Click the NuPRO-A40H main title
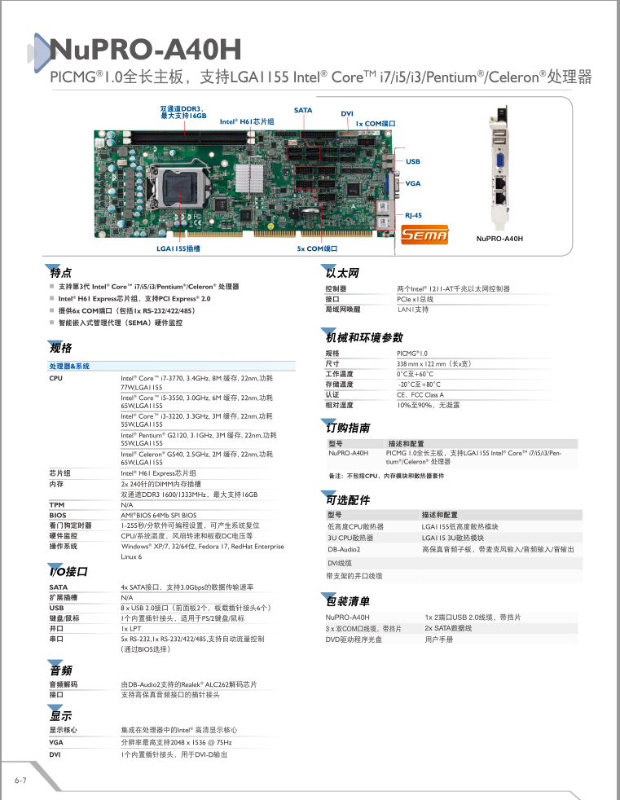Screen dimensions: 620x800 (x=146, y=49)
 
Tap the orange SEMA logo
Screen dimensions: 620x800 (x=424, y=235)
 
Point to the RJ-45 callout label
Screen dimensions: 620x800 (x=413, y=215)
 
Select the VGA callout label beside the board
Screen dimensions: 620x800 (x=413, y=183)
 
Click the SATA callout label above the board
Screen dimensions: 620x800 (x=303, y=110)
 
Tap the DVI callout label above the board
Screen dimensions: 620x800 (x=347, y=114)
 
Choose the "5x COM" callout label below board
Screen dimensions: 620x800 (x=317, y=248)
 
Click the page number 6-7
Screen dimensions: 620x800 (x=20, y=780)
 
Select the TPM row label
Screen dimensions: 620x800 (x=57, y=505)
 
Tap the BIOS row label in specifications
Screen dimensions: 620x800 (x=58, y=516)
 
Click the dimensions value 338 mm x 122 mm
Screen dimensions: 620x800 (x=433, y=364)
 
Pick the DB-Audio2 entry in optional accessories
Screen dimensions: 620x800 (x=344, y=549)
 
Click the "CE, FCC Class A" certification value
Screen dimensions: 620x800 (x=420, y=395)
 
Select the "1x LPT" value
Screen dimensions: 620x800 (x=131, y=629)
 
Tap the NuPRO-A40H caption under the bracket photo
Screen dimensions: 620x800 (x=499, y=238)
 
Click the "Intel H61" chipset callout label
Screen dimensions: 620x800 (x=247, y=121)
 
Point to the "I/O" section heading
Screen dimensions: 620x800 (x=68, y=571)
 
